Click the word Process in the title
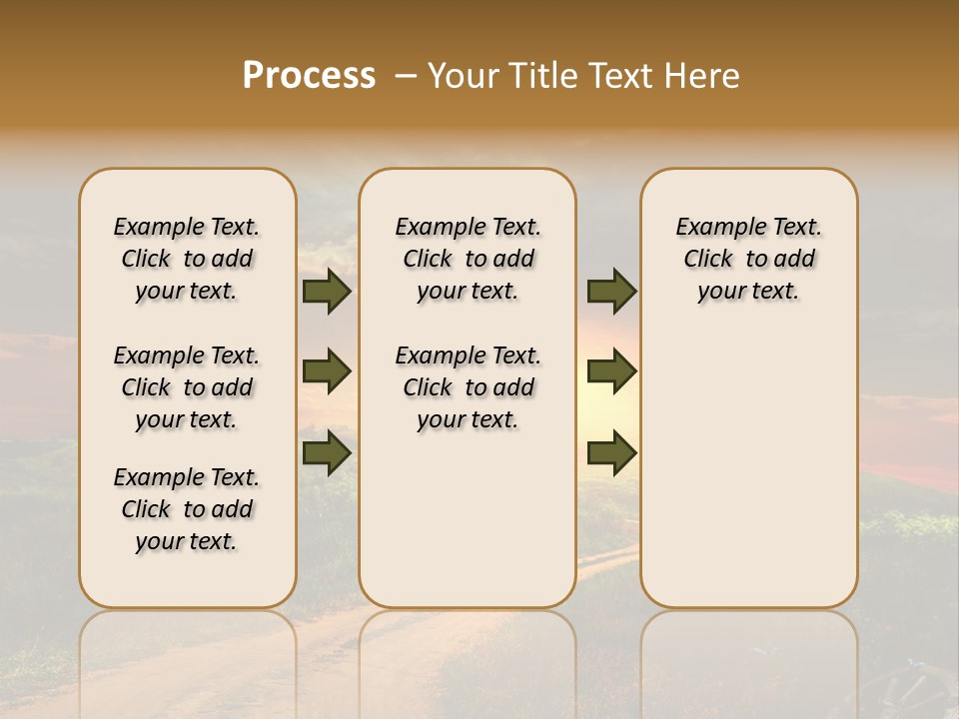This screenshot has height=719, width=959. [309, 76]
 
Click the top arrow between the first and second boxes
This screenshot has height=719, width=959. [327, 292]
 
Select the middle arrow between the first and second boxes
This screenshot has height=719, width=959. [327, 371]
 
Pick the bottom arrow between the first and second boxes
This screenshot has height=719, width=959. [327, 452]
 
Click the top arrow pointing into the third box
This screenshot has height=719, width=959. [611, 292]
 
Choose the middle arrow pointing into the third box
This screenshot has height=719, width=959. [611, 371]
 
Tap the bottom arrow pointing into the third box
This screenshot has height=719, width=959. [611, 452]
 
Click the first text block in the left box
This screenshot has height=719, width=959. [187, 259]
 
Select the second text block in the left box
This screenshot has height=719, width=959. [187, 387]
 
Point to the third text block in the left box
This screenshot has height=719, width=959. [187, 509]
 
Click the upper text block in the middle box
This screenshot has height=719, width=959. [468, 259]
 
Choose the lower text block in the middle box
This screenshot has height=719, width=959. [468, 387]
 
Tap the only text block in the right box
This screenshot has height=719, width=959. [748, 259]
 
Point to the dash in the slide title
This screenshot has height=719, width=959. [405, 76]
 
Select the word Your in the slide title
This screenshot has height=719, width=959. [464, 76]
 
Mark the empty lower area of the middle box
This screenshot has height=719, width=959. [468, 519]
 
